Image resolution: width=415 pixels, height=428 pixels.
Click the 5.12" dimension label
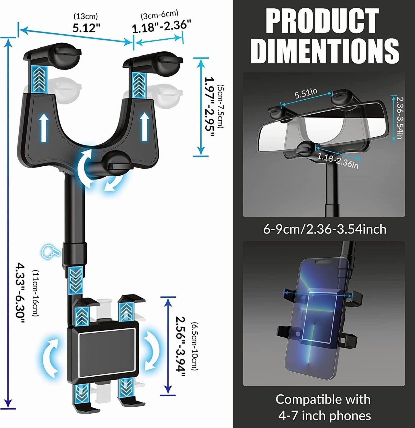pos(86,28)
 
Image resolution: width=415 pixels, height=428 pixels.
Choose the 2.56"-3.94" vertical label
pos(180,346)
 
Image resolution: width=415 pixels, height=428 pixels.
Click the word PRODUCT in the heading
pos(322,21)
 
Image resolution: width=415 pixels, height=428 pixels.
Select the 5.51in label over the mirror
pos(306,93)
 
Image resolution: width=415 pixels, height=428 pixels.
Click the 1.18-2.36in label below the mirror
pos(338,161)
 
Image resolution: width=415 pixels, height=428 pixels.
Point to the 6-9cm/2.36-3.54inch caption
pos(325,229)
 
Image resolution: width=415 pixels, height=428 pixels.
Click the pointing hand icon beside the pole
pos(51,252)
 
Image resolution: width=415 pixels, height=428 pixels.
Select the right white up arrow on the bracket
pos(145,127)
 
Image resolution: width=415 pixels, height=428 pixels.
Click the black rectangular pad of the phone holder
pos(107,353)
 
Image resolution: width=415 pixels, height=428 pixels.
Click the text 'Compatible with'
pos(323,399)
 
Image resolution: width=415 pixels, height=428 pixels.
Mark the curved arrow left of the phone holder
pos(51,357)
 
